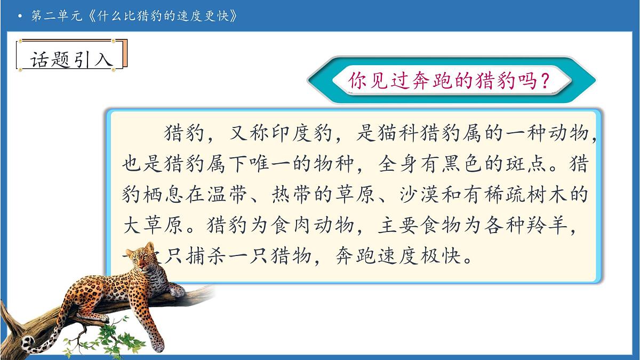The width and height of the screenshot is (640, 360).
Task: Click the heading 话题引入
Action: pos(72,60)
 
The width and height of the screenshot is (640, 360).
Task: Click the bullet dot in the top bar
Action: pos(20,17)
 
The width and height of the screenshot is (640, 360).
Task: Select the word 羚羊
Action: pos(555,226)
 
